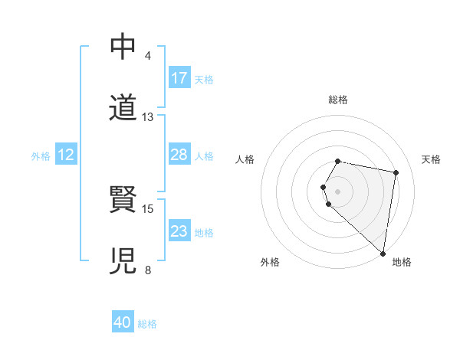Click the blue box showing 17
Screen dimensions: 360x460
(179, 78)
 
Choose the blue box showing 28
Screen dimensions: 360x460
(179, 155)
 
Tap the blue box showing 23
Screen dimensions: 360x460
(179, 231)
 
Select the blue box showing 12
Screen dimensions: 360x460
(66, 155)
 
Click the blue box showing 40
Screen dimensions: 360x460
(123, 323)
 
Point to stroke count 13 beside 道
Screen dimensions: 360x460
(148, 117)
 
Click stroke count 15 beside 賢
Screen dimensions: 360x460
(148, 208)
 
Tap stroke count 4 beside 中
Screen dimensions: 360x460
(147, 56)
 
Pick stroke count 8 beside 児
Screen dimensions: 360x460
(147, 270)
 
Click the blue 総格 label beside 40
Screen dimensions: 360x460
(147, 324)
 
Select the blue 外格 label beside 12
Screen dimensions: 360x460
(41, 156)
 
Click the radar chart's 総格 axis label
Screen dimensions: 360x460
(338, 100)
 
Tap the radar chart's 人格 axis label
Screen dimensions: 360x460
(245, 159)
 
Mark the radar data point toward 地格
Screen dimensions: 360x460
(383, 253)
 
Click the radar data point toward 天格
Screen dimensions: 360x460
(396, 172)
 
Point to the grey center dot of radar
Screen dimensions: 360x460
(338, 191)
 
